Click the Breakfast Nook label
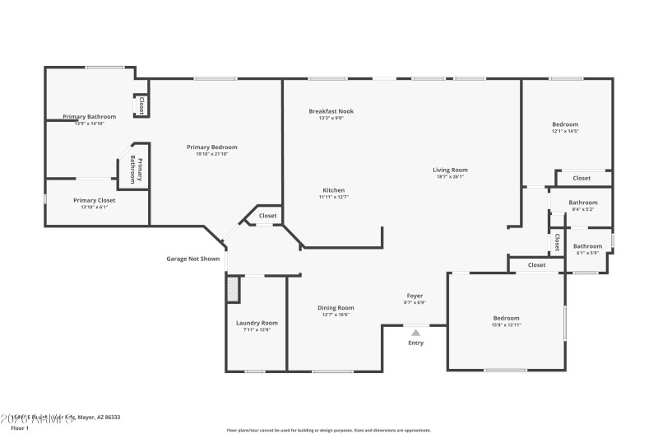tap(331, 111)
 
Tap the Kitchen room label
tap(333, 190)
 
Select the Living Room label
tap(450, 170)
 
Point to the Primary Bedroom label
tap(200, 147)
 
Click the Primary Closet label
tap(95, 200)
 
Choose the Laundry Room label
tap(257, 323)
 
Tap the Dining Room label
tap(336, 308)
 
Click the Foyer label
tap(415, 296)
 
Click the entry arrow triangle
tap(415, 332)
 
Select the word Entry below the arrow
tap(416, 343)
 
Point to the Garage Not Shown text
tap(193, 259)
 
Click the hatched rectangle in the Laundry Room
tap(233, 290)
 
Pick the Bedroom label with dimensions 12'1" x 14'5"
tap(565, 124)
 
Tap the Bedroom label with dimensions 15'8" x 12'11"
tap(506, 318)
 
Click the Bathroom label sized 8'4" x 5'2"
tap(583, 203)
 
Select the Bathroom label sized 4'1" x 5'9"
tap(587, 245)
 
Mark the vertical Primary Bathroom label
tap(138, 170)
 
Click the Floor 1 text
tap(20, 428)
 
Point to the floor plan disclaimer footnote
tap(328, 430)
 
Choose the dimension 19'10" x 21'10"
tap(200, 154)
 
